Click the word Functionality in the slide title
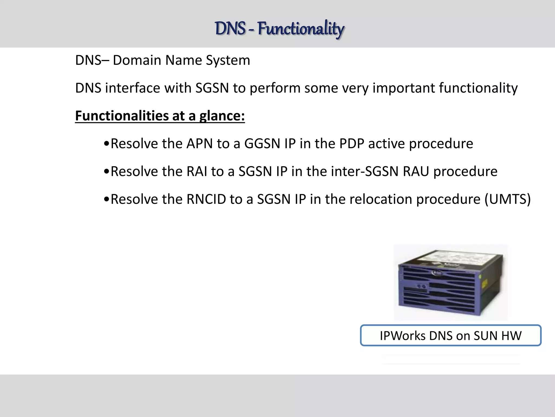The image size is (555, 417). click(301, 29)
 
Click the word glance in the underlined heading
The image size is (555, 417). click(222, 116)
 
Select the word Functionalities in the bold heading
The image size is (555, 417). click(121, 116)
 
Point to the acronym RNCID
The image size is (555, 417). click(206, 199)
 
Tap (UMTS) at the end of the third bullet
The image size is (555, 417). click(507, 199)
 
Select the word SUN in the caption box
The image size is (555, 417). click(486, 336)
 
